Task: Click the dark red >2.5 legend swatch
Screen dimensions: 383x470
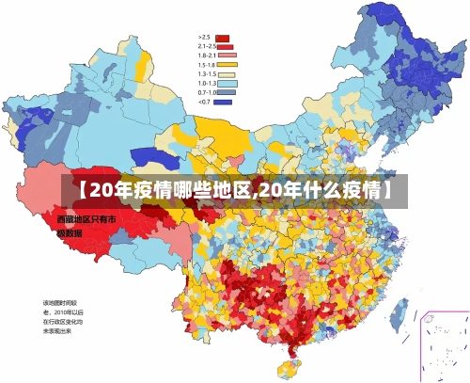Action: click(x=223, y=39)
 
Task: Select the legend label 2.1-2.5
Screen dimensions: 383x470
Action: click(x=206, y=46)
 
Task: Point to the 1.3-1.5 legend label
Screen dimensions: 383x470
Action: click(x=207, y=73)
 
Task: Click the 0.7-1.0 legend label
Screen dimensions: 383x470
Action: click(x=207, y=92)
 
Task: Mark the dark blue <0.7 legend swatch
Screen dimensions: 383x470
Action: click(x=223, y=101)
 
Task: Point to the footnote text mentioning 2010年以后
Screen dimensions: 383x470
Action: click(x=62, y=311)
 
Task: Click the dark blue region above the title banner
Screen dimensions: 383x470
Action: click(x=152, y=156)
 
